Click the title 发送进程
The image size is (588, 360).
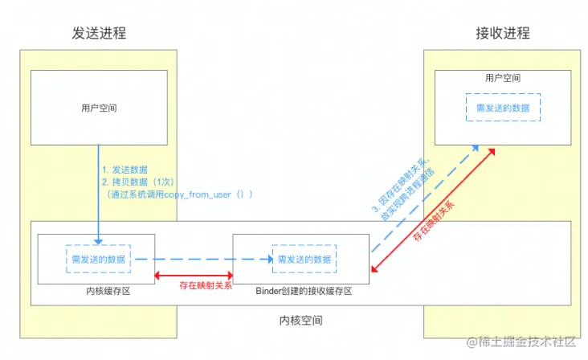pyautogui.click(x=99, y=33)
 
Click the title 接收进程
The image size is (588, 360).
pyautogui.click(x=502, y=33)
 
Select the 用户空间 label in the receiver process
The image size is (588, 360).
pyautogui.click(x=503, y=79)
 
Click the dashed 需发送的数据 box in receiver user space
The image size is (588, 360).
pyautogui.click(x=503, y=107)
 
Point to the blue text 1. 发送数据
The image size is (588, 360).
pyautogui.click(x=125, y=170)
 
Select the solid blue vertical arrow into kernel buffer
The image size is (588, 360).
pyautogui.click(x=99, y=193)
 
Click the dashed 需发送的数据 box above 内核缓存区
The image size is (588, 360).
pyautogui.click(x=98, y=259)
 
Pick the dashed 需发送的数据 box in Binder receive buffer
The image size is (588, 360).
pyautogui.click(x=303, y=260)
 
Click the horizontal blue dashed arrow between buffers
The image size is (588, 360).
pyautogui.click(x=201, y=260)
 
